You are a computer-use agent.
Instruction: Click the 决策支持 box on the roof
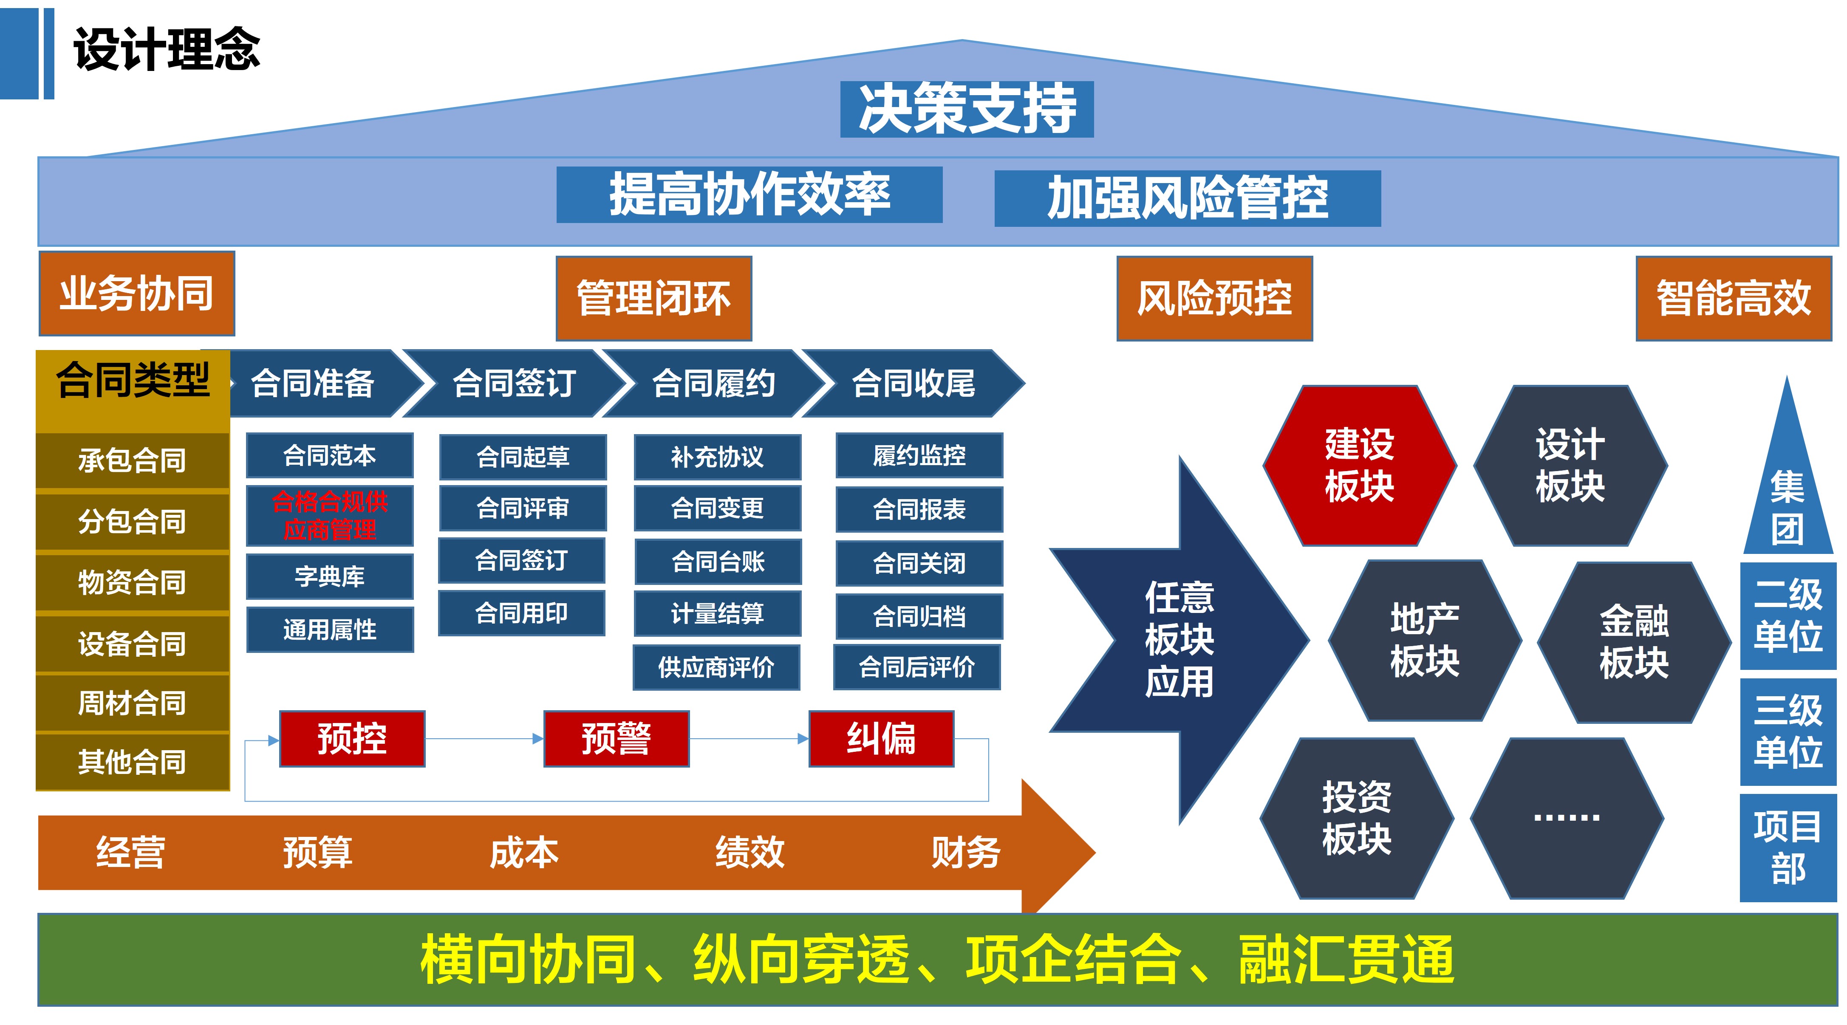(967, 109)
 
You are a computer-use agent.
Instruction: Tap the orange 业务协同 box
(137, 293)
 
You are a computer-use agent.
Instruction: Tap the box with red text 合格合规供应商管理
(330, 515)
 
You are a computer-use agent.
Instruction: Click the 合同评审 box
(523, 508)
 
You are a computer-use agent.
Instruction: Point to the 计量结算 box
(717, 613)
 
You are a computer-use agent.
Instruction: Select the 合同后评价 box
(916, 667)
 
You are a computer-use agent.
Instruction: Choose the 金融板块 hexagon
(1634, 641)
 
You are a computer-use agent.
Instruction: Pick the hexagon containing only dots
(1567, 818)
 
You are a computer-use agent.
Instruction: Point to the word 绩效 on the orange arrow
(750, 852)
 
